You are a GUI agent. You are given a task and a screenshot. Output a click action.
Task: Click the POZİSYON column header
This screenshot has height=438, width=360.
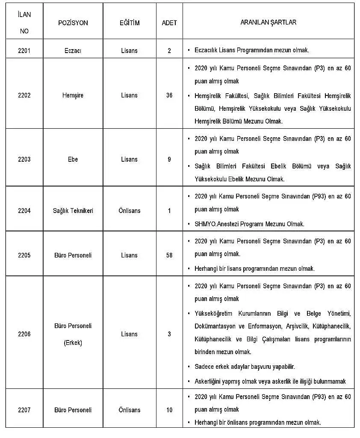73,23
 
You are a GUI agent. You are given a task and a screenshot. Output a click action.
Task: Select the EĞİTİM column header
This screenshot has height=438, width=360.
129,23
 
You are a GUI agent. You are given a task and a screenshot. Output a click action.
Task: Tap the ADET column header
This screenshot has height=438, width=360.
169,23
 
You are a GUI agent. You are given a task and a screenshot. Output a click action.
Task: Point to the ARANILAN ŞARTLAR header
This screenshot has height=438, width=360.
269,22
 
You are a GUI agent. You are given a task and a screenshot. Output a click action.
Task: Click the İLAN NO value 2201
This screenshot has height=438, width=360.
24,50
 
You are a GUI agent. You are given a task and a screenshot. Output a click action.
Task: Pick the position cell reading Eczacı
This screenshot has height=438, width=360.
73,50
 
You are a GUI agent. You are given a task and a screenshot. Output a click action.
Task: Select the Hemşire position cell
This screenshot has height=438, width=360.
73,95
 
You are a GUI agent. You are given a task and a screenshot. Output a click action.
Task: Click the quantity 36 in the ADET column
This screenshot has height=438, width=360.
169,95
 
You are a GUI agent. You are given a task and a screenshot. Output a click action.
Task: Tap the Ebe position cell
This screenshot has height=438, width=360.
73,159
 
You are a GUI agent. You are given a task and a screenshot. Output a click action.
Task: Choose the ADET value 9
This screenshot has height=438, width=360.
169,159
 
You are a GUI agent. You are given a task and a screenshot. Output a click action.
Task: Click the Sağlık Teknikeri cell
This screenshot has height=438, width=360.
73,210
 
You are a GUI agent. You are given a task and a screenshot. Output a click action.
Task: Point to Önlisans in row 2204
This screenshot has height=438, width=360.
129,210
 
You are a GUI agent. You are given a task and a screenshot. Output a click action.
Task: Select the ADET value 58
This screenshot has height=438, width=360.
169,255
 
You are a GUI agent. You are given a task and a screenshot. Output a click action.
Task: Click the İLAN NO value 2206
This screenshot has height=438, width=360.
24,334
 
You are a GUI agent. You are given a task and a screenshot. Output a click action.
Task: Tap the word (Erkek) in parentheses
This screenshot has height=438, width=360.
73,343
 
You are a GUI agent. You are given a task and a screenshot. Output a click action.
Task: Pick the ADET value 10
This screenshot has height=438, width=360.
169,410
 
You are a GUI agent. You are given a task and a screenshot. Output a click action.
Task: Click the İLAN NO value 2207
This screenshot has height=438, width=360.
24,410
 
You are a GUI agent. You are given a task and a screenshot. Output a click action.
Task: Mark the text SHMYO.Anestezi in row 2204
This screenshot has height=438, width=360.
213,224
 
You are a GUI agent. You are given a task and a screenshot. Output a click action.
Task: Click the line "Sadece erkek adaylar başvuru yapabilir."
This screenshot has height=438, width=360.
245,367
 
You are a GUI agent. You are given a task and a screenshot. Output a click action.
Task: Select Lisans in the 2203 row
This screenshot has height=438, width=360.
129,159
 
